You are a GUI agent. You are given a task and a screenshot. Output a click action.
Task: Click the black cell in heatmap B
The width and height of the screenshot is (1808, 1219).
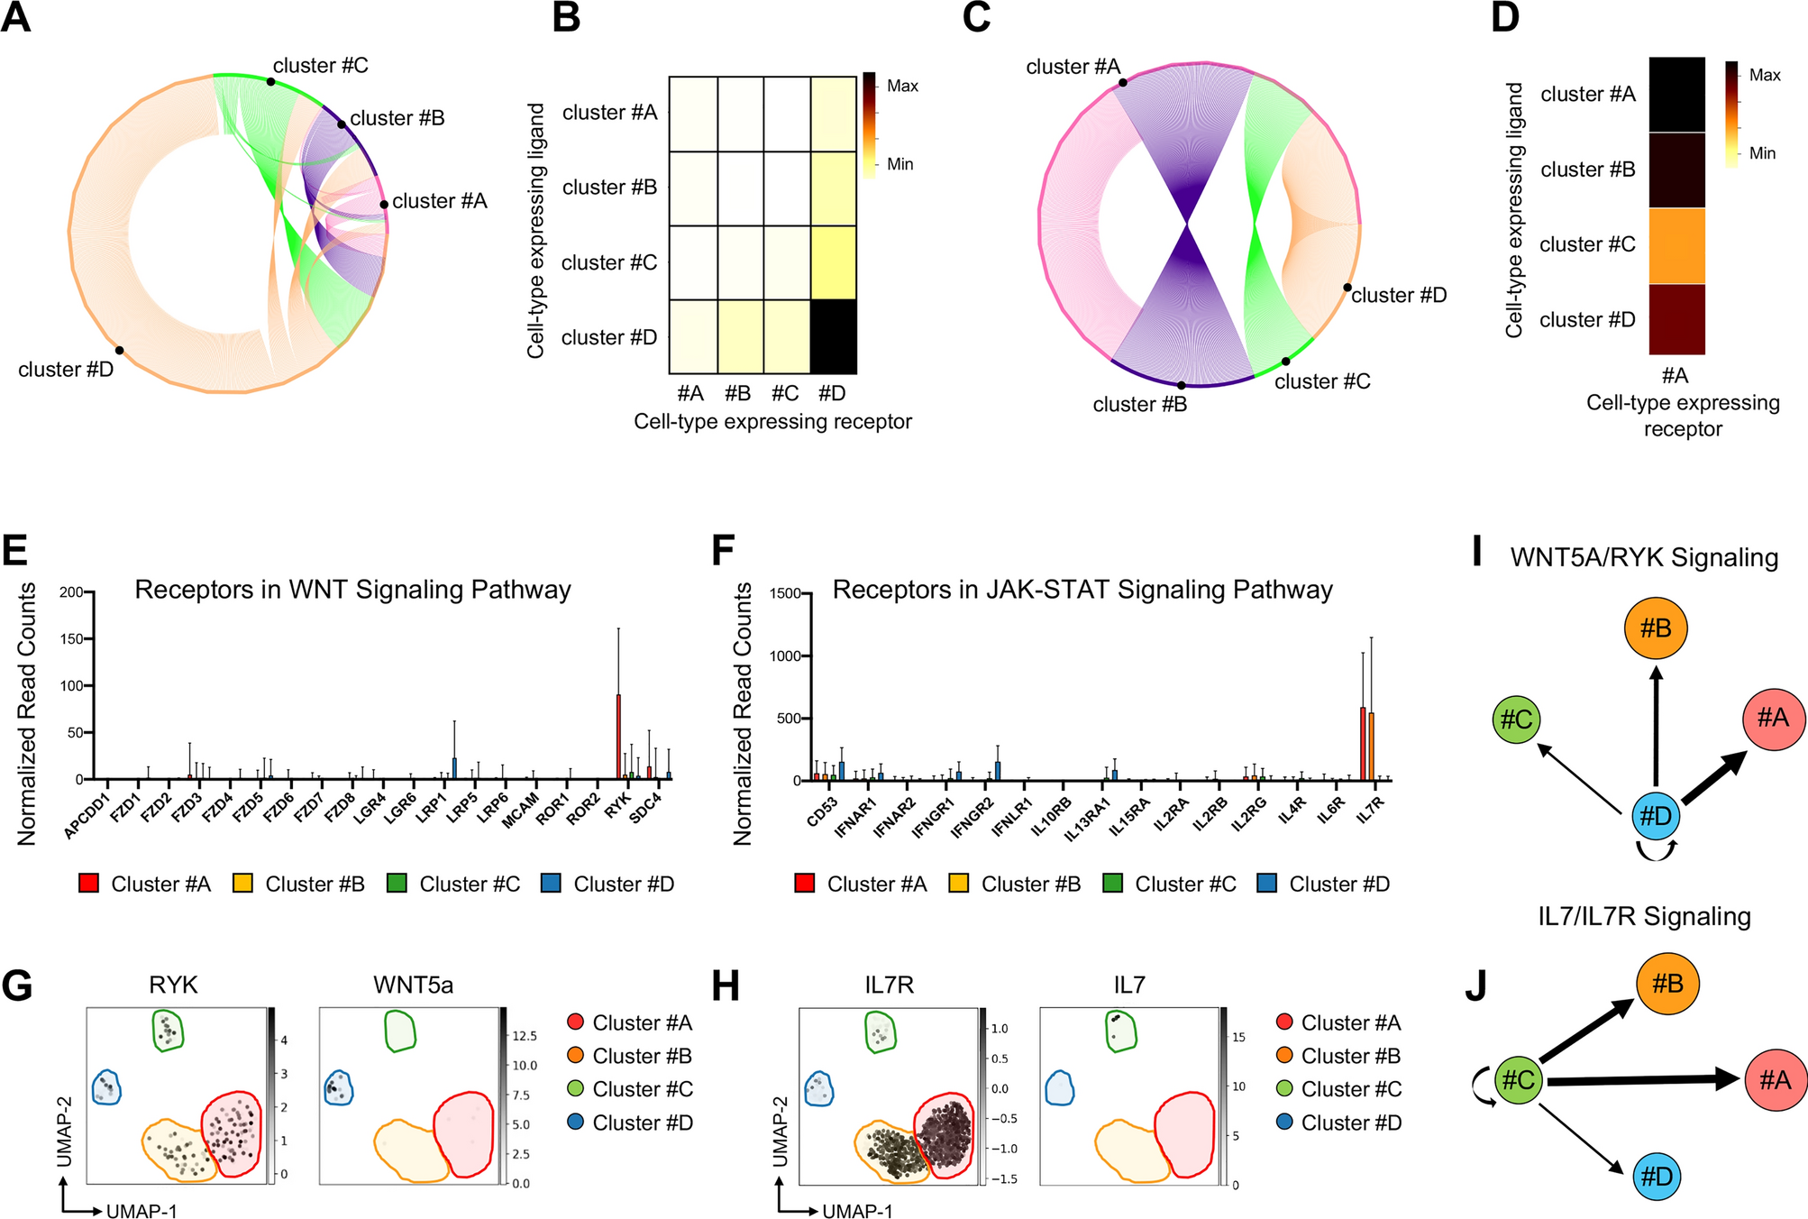coord(833,336)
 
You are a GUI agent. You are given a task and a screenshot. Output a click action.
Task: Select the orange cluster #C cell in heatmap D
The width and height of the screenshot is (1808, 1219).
coord(1676,245)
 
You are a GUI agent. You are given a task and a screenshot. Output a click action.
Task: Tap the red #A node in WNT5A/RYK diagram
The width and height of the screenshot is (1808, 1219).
coord(1773,718)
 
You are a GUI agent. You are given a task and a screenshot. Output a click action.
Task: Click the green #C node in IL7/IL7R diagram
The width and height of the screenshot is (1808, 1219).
coord(1519,1078)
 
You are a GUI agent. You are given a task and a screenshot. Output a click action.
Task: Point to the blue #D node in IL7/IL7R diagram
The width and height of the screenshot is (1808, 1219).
coord(1657,1176)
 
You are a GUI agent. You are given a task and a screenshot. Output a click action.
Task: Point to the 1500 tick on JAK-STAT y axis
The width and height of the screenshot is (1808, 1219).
coord(785,593)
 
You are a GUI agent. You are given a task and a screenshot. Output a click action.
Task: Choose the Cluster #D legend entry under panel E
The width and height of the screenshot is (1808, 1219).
coord(608,884)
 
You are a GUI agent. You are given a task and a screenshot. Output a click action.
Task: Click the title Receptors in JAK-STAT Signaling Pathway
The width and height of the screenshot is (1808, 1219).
coord(1082,590)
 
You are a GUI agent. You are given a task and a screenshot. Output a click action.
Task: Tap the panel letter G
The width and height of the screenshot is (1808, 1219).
coord(17,985)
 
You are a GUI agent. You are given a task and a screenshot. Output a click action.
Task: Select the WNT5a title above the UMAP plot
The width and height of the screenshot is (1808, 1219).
coord(413,985)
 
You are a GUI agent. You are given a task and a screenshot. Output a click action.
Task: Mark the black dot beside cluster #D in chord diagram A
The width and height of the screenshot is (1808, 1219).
coord(119,350)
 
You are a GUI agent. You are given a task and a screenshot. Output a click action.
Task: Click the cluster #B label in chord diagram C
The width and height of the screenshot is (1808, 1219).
coord(1139,404)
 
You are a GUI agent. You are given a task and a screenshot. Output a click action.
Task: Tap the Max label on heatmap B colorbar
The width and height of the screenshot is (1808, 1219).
coord(902,86)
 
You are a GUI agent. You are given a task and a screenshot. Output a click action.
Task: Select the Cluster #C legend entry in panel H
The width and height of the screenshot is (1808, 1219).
coord(1339,1089)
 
